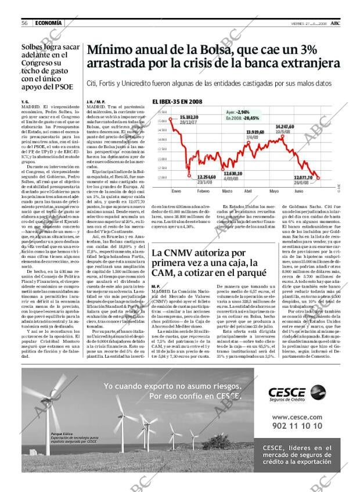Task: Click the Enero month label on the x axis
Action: [x=177, y=191]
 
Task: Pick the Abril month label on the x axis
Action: [x=248, y=191]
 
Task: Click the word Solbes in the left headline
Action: [x=35, y=48]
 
